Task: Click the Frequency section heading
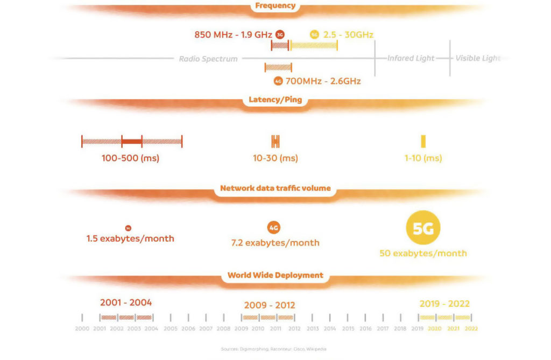point(275,6)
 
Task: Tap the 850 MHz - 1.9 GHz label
point(233,34)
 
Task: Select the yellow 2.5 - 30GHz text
point(348,34)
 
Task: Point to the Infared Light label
point(411,58)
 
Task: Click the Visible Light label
point(478,58)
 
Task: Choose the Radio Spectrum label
point(208,59)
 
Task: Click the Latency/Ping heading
point(275,100)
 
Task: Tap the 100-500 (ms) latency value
point(130,158)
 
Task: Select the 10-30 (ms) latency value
point(275,158)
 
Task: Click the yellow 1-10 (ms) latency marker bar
point(423,142)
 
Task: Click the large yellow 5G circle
point(423,228)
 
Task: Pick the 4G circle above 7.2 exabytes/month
point(274,228)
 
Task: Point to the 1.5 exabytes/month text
point(130,238)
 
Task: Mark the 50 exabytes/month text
point(423,253)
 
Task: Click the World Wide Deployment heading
point(275,275)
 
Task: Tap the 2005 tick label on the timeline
point(171,328)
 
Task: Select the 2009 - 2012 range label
point(270,305)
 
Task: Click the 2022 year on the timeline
point(471,328)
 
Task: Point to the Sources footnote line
point(273,349)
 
